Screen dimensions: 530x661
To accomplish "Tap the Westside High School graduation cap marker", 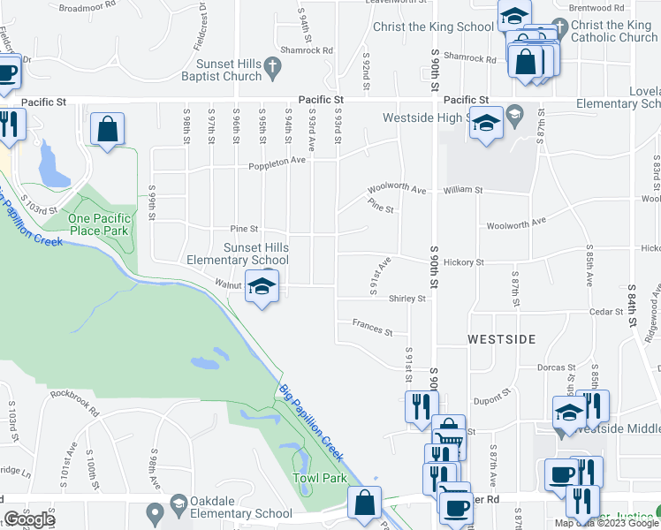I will coord(485,123).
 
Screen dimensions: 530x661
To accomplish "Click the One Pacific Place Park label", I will coord(100,224).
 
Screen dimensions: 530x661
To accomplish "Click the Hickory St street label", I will coord(464,262).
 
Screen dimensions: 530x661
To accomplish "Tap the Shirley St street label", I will coord(407,299).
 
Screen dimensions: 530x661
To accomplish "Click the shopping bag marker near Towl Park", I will coord(364,503).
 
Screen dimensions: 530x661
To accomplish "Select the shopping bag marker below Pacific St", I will coord(107,130).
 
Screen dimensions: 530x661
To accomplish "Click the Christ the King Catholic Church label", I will coord(614,32).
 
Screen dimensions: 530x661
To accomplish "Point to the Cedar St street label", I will coord(606,312).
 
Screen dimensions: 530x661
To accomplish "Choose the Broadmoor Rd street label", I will coord(87,7).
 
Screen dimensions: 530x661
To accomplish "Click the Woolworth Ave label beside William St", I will coord(397,190).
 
